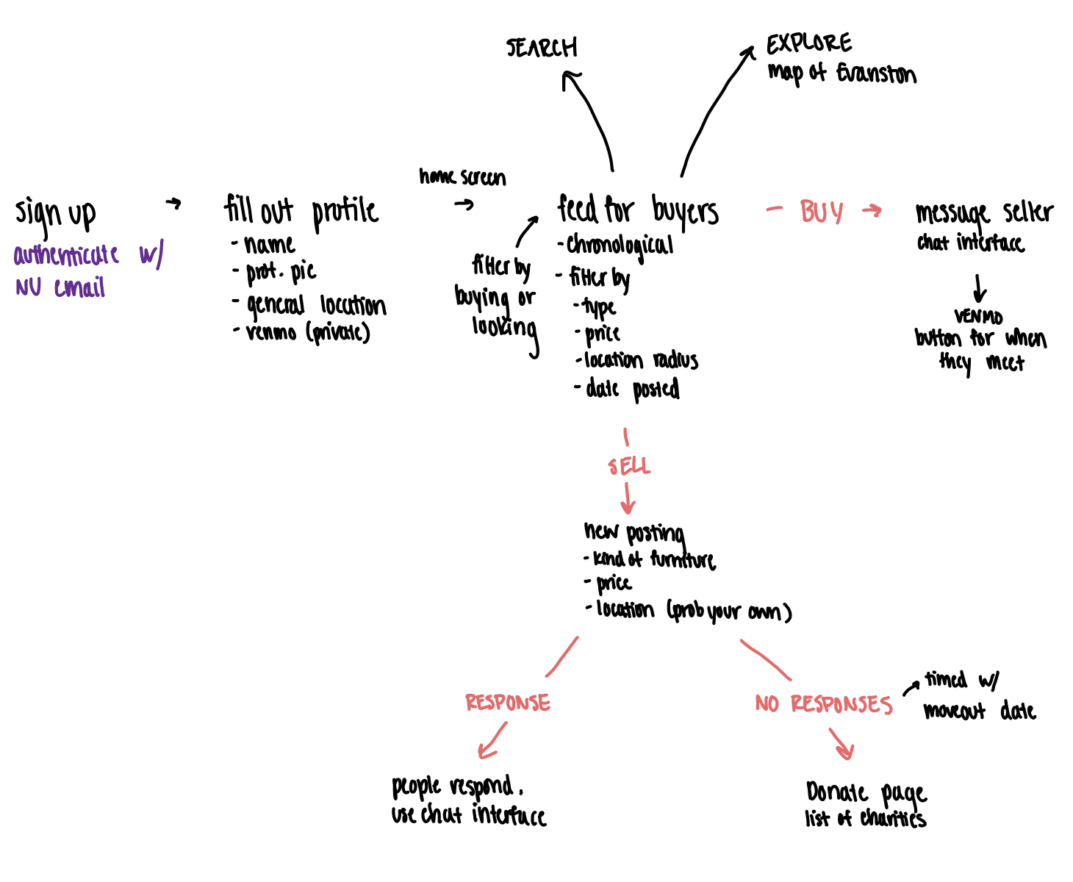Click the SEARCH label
pyautogui.click(x=542, y=49)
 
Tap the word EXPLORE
pyautogui.click(x=809, y=44)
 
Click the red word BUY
pyautogui.click(x=821, y=212)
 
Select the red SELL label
pyautogui.click(x=629, y=467)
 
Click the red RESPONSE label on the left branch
pyautogui.click(x=507, y=703)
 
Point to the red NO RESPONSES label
pyautogui.click(x=823, y=705)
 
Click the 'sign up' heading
pyautogui.click(x=56, y=214)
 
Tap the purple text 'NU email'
pyautogui.click(x=60, y=287)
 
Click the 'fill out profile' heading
pyautogui.click(x=301, y=211)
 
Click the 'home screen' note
pyautogui.click(x=462, y=177)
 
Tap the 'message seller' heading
pyautogui.click(x=984, y=213)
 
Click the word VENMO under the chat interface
pyautogui.click(x=978, y=317)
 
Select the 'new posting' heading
pyautogui.click(x=634, y=532)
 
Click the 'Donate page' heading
pyautogui.click(x=866, y=793)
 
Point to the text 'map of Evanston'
pyautogui.click(x=841, y=73)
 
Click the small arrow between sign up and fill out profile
pyautogui.click(x=173, y=204)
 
